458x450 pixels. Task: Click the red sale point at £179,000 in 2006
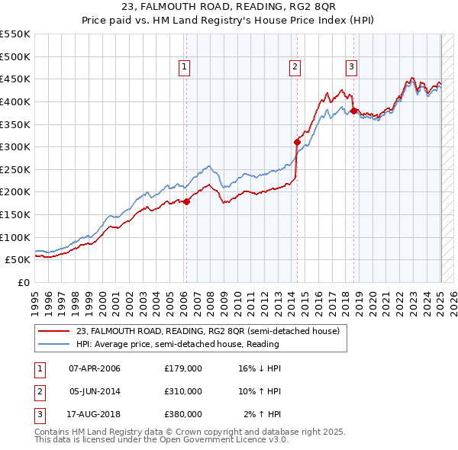(186, 201)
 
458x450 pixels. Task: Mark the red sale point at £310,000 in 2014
(297, 141)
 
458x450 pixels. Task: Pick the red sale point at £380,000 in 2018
(354, 111)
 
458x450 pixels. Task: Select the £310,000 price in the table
(183, 391)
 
